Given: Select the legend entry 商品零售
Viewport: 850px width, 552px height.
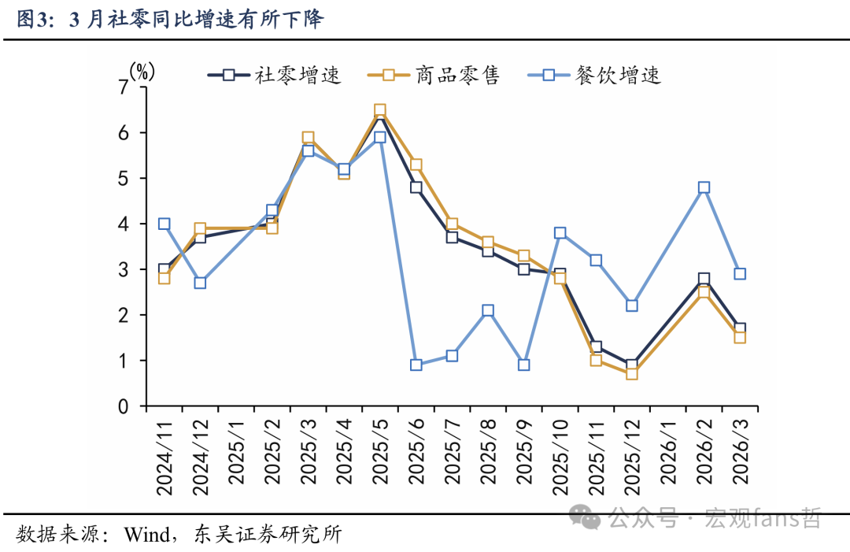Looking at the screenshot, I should [x=433, y=76].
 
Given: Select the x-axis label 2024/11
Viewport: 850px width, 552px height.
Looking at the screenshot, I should [x=164, y=457].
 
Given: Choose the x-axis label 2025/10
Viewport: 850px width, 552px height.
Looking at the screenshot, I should [x=560, y=457].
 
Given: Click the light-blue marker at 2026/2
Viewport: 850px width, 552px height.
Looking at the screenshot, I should [x=704, y=187].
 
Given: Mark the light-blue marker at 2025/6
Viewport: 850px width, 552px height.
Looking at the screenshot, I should [x=416, y=365].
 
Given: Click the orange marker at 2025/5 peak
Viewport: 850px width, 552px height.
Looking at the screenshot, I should [x=380, y=110].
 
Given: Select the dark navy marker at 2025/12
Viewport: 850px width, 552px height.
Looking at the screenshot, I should [x=632, y=365].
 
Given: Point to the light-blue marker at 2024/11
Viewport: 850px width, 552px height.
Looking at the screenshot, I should [x=164, y=224].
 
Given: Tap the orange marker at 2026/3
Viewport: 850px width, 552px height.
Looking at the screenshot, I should [x=740, y=337].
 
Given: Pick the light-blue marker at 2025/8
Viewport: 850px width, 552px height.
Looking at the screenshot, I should [x=488, y=310].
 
